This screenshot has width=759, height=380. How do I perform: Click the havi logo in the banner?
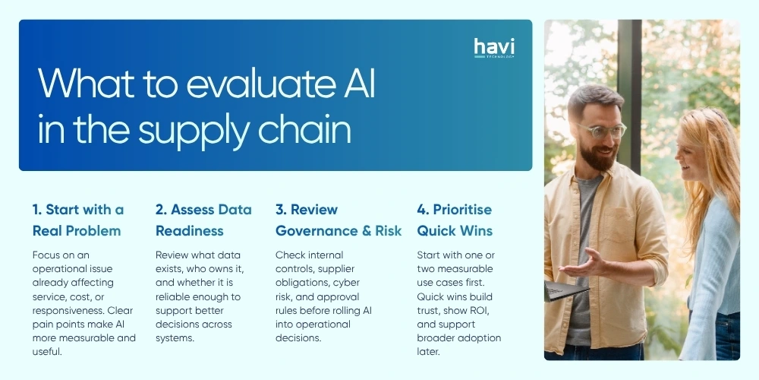coord(493,48)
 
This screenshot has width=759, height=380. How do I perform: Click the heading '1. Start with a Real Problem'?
coord(77,220)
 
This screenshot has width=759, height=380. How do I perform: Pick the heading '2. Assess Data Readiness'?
coord(203,220)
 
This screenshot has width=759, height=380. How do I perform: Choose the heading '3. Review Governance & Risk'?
coord(339,220)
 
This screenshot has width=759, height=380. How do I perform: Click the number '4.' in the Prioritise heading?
coord(424,209)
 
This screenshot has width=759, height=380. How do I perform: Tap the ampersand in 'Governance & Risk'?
coord(363,230)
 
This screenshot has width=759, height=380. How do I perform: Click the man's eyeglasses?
coord(600,130)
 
